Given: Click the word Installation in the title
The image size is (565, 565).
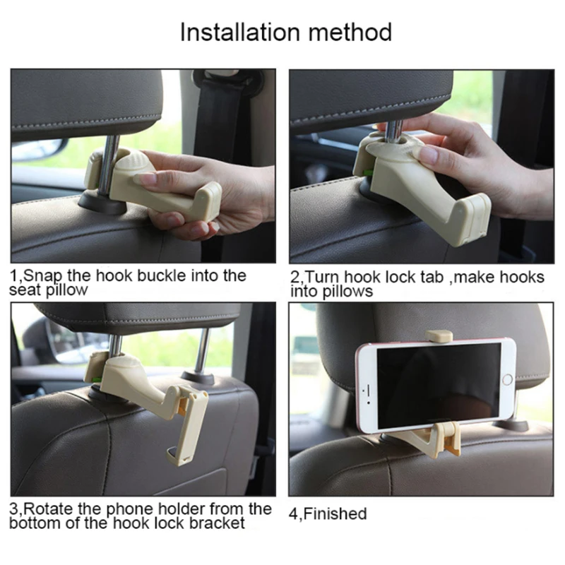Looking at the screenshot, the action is coord(240,32).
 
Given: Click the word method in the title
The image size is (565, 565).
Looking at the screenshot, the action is coord(350,32).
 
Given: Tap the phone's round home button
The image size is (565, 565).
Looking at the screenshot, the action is coord(507,379).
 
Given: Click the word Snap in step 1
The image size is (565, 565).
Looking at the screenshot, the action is coord(42,277).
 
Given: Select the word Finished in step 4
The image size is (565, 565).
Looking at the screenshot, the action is coord(335,513).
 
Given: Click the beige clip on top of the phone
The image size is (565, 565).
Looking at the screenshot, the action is coord(438,335).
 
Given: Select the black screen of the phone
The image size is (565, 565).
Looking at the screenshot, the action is coord(439,385).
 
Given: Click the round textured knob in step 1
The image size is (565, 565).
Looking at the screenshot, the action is coord(132,165).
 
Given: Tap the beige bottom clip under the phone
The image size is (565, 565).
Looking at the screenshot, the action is coord(448,439).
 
